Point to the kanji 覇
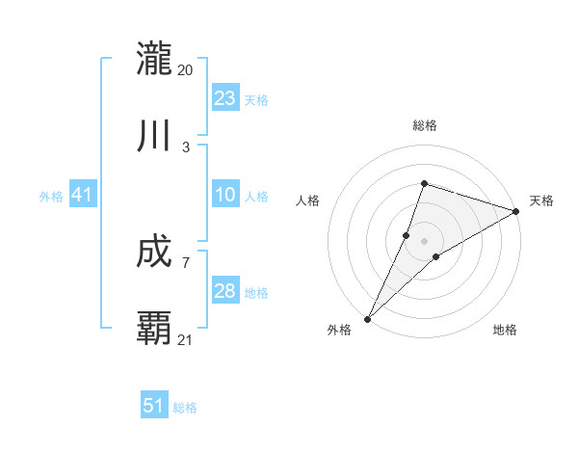click(x=155, y=329)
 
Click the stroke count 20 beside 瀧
click(x=186, y=69)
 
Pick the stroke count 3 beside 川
click(x=186, y=147)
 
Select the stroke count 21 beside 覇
click(x=186, y=339)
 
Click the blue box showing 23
click(x=225, y=98)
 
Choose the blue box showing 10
click(x=225, y=196)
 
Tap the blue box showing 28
click(x=225, y=291)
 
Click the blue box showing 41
click(x=83, y=196)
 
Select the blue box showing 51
click(x=154, y=407)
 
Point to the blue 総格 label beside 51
click(x=185, y=408)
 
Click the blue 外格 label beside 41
click(x=51, y=197)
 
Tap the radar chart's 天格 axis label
click(x=541, y=200)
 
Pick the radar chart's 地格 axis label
click(x=505, y=330)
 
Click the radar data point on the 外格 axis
click(x=368, y=318)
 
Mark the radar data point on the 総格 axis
click(x=424, y=183)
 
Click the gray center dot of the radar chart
click(x=424, y=240)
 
